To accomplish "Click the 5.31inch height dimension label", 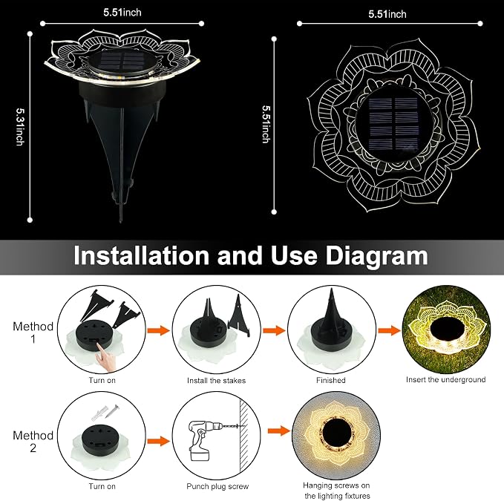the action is [19, 126].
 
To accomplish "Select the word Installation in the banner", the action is [141, 256].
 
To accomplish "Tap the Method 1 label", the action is [33, 333].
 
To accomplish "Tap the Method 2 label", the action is [33, 441].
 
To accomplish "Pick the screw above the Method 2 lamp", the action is [111, 411].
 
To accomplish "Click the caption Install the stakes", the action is [216, 381].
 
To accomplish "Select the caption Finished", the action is [331, 380].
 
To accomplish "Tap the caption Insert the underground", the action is [445, 379].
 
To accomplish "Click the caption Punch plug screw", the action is [217, 487].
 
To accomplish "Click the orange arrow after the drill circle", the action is [279, 431].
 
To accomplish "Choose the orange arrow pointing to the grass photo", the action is [389, 330].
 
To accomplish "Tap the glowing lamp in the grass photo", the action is [447, 330].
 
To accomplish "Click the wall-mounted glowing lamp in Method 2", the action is [336, 431].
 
